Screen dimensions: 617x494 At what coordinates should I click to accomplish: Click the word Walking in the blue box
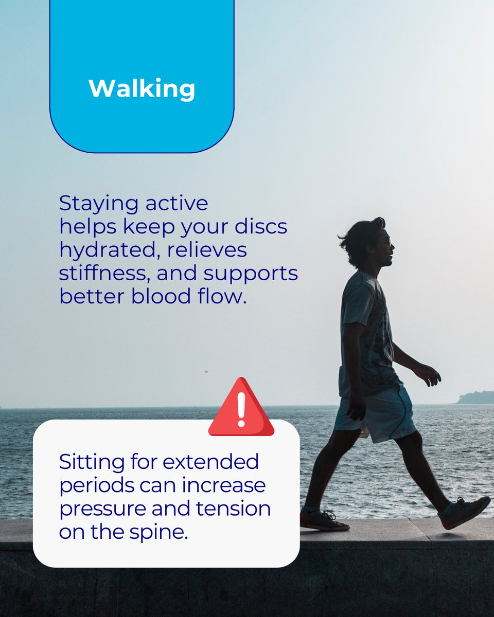click(142, 88)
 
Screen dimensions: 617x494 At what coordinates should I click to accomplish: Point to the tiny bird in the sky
click(206, 371)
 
